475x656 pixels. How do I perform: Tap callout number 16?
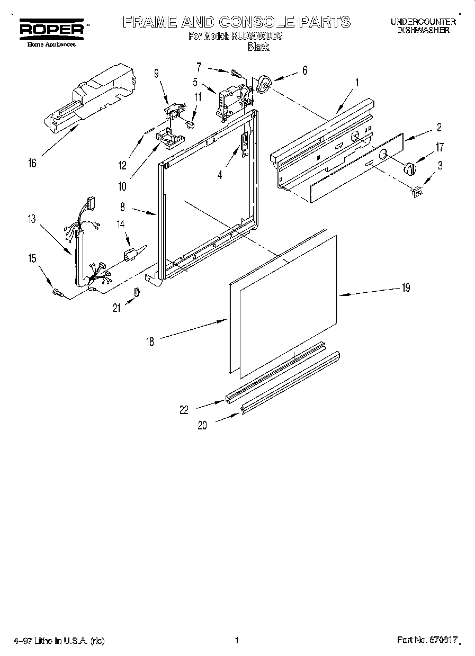tap(33, 163)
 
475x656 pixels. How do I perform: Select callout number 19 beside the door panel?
tap(406, 288)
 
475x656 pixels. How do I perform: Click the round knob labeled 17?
tap(409, 168)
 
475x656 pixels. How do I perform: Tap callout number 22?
tap(184, 409)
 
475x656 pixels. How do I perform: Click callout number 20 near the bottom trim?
tap(203, 425)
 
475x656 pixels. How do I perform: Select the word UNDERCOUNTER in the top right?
tap(423, 22)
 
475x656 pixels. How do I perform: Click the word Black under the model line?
tap(258, 47)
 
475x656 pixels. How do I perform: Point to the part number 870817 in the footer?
tap(444, 640)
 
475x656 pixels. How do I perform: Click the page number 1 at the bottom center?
tap(237, 640)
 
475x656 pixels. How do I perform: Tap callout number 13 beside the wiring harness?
tap(33, 219)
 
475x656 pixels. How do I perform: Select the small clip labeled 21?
tap(137, 292)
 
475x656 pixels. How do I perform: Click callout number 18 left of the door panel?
tap(150, 342)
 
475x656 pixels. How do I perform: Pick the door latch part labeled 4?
tap(244, 145)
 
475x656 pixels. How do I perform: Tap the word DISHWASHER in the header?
tap(423, 31)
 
